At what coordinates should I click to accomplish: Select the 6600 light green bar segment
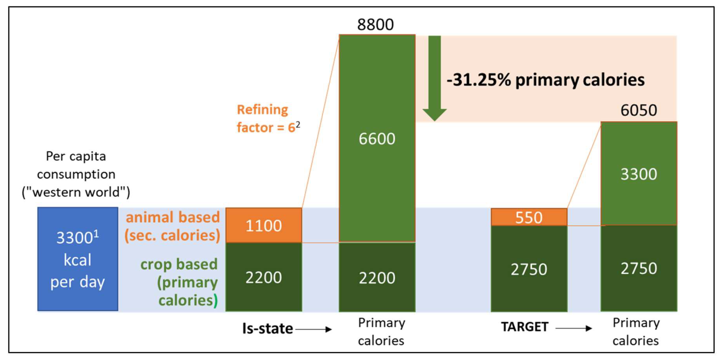click(x=377, y=138)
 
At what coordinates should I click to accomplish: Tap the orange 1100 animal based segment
click(x=264, y=226)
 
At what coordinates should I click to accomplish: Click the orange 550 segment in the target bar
click(x=529, y=217)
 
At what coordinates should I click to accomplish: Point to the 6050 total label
click(x=638, y=110)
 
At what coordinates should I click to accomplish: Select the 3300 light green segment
click(x=638, y=174)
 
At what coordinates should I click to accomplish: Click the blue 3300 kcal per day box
click(x=78, y=259)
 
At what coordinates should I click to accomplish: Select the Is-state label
click(x=267, y=328)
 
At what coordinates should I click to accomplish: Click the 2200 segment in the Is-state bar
click(x=264, y=277)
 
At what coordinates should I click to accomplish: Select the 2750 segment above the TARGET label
click(x=529, y=269)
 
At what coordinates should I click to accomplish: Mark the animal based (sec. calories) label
click(x=172, y=226)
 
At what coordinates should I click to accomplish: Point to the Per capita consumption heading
click(x=76, y=174)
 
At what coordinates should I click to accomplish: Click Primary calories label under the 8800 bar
click(x=381, y=332)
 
